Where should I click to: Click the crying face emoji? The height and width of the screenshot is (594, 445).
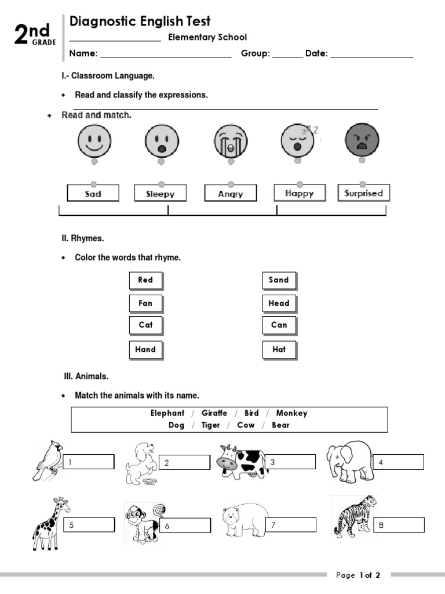pos(230,141)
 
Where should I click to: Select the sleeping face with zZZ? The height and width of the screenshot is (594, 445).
pos(298,140)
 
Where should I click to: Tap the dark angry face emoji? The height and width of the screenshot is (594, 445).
pos(362,140)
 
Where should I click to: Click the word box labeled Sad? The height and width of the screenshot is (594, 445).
pos(93,193)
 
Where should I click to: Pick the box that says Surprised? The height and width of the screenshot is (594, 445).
pos(364,193)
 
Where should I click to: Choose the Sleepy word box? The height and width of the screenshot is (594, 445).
pos(161,194)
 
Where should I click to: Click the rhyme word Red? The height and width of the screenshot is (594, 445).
pos(145,280)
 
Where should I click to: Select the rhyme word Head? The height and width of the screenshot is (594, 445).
pos(279,303)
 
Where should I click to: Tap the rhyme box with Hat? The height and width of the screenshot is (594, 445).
pos(279,350)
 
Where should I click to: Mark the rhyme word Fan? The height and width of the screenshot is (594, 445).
pos(145,303)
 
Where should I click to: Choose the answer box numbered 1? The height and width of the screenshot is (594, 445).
pos(89,462)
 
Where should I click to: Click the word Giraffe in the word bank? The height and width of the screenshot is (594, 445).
pos(214,414)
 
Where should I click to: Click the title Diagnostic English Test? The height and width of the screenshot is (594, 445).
pos(140,21)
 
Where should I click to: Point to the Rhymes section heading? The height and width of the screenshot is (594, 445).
pos(83,238)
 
